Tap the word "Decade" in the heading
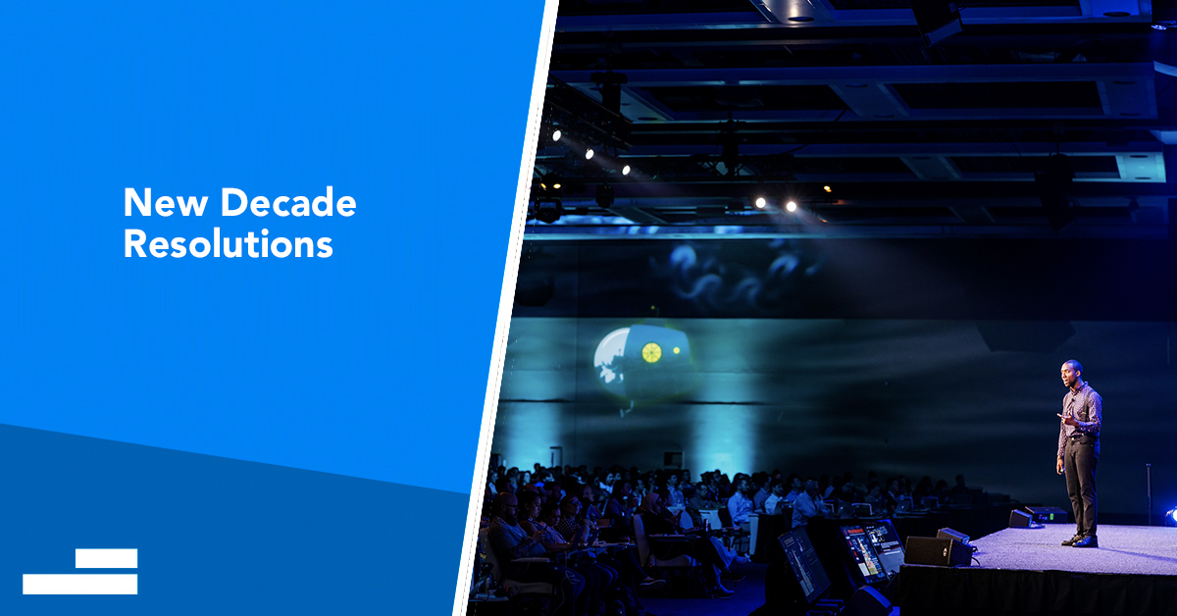pos(288,202)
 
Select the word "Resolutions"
pos(228,244)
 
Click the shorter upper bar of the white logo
pos(106,558)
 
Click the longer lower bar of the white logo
pos(79,585)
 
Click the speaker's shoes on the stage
pos(1080,539)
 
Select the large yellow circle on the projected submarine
pos(651,353)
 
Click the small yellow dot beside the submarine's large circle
pos(676,350)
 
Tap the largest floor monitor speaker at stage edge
pos(938,551)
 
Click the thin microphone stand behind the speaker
pos(1149,494)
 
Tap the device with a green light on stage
pos(1046,515)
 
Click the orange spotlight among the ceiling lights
pos(827,188)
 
